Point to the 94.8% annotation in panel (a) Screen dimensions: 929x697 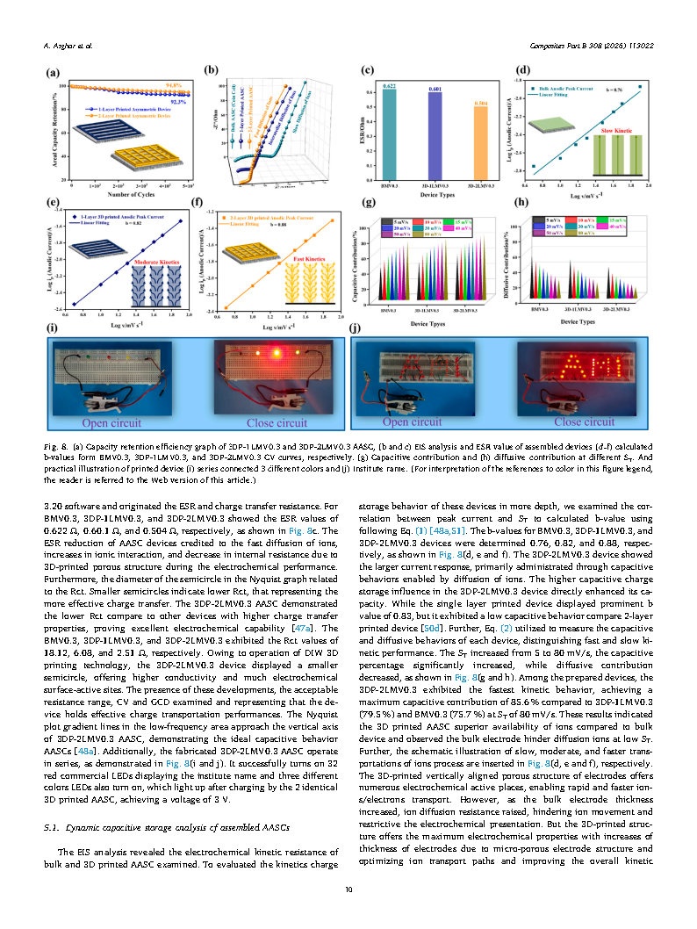coord(173,84)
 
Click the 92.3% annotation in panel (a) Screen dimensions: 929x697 coord(178,102)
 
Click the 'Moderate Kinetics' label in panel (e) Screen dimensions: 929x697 coord(153,262)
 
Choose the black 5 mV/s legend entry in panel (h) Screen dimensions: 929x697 coord(552,219)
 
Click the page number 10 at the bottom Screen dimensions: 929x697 coord(348,892)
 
